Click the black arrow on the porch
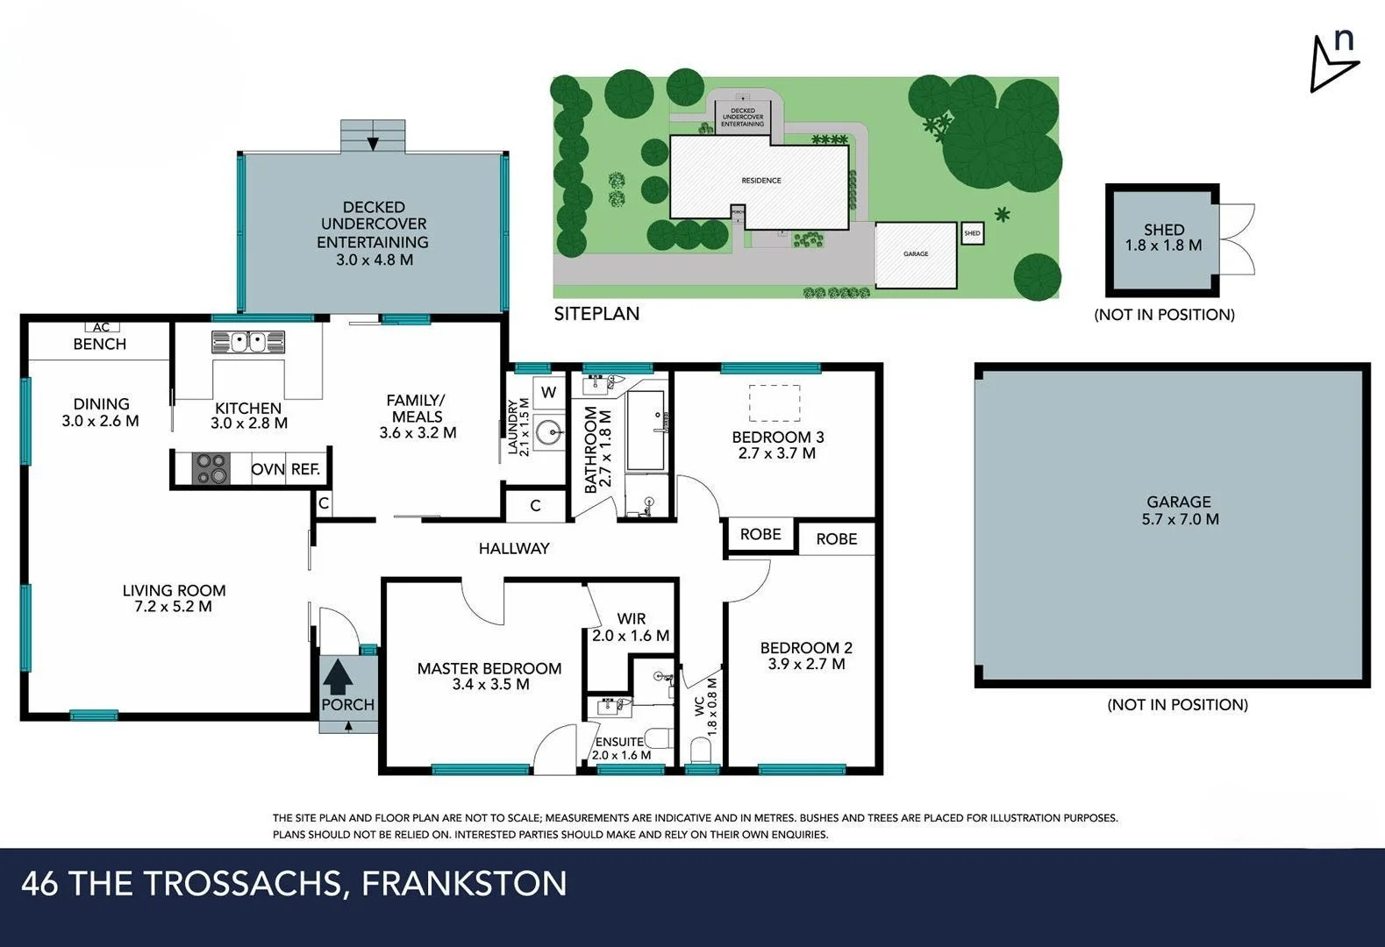coord(338,677)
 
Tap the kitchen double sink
coord(248,341)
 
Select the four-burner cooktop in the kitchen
coord(211,468)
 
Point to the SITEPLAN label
coord(596,314)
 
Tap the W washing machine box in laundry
coord(549,392)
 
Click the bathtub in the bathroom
coord(646,431)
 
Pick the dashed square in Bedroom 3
coord(774,403)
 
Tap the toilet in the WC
coord(701,751)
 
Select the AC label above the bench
coord(101,327)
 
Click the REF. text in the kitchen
coord(305,469)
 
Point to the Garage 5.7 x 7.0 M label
coord(1178,510)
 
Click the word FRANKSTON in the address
coord(464,883)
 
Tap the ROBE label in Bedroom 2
coord(836,539)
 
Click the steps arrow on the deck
coord(373,143)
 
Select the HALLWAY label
coord(514,549)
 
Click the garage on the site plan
coord(916,254)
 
